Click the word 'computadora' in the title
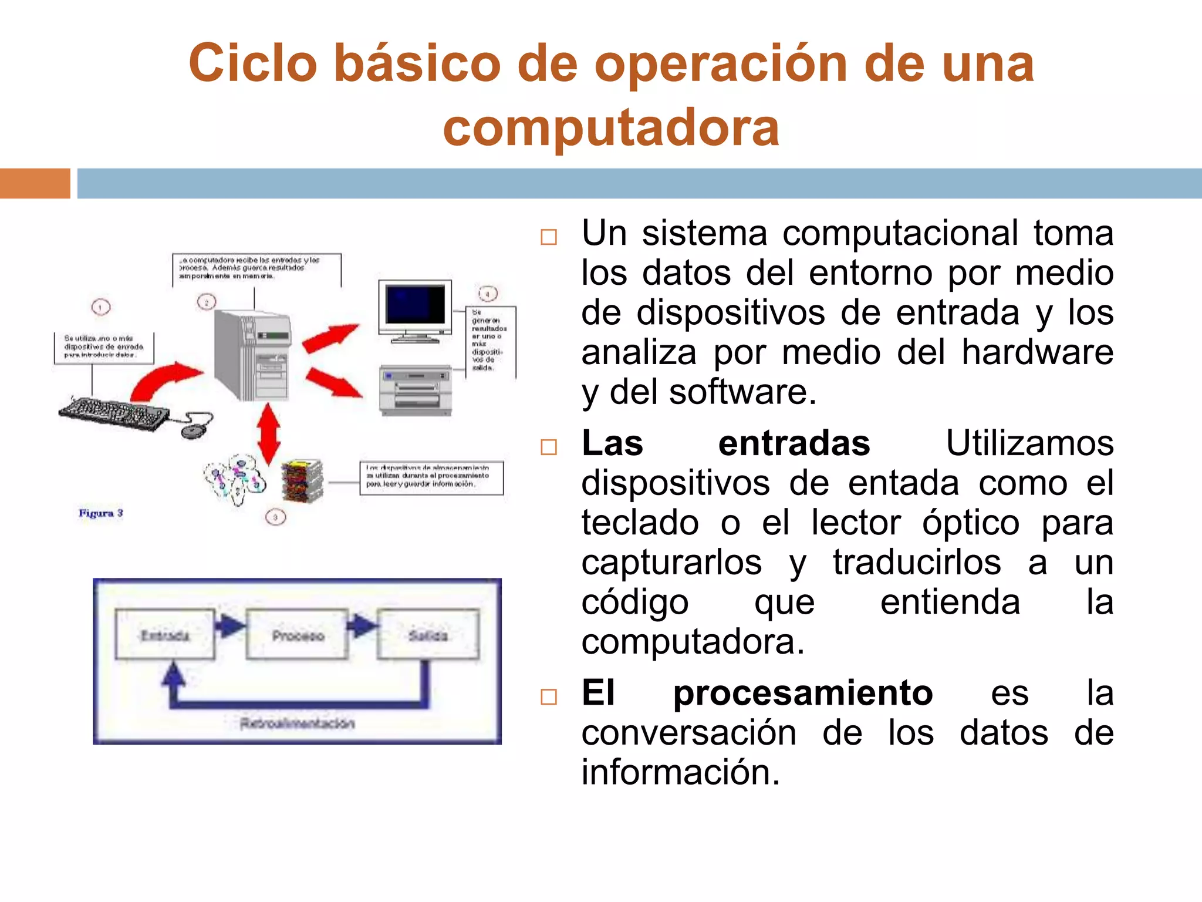[x=611, y=127]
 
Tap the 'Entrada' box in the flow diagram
[x=165, y=634]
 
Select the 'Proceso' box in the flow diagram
[x=298, y=635]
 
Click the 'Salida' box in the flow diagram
[x=428, y=634]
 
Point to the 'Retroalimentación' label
[x=297, y=723]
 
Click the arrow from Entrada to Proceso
[x=230, y=626]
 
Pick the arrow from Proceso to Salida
[x=362, y=626]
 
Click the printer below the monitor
[x=416, y=390]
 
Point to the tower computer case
[x=252, y=355]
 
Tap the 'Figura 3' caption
[x=101, y=513]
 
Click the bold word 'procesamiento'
[x=802, y=692]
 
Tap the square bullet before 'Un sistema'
[x=549, y=237]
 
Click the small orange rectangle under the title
[x=35, y=183]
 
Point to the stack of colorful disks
[x=302, y=480]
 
